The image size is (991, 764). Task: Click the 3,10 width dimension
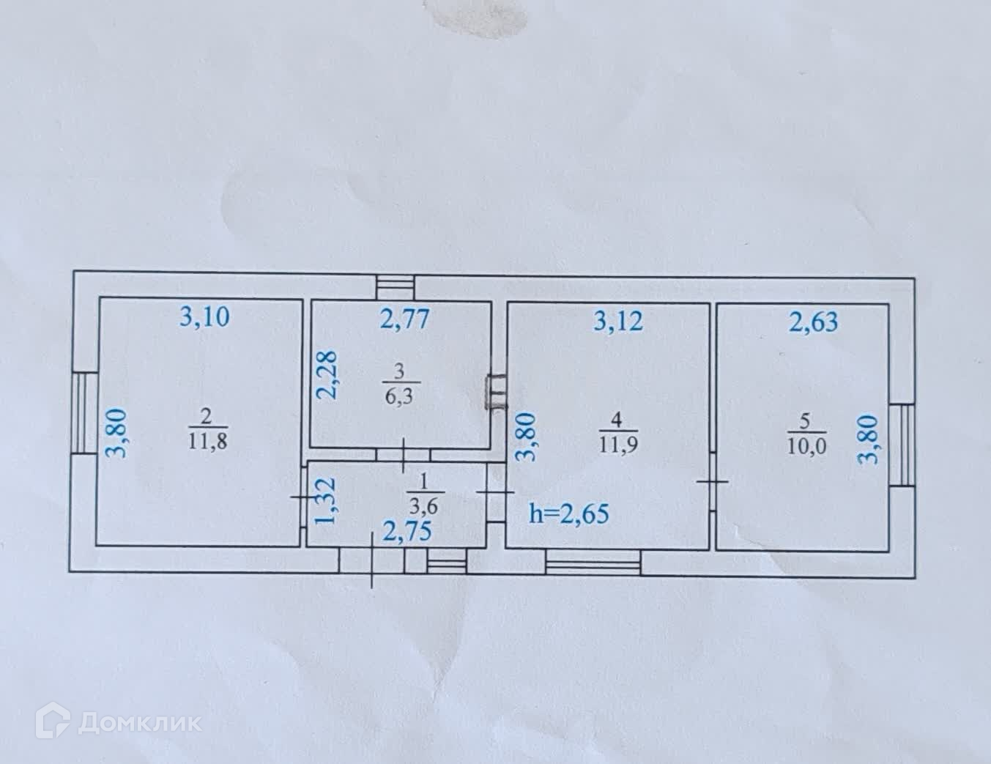point(205,317)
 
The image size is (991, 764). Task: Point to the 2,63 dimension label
point(813,322)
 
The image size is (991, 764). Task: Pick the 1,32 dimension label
point(324,501)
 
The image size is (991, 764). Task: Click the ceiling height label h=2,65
point(568,513)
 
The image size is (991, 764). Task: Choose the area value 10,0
point(807,446)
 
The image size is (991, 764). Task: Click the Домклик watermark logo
point(122,722)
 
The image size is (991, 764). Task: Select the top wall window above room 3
point(396,286)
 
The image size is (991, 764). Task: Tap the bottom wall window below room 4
point(593,563)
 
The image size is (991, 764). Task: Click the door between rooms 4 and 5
point(712,481)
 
